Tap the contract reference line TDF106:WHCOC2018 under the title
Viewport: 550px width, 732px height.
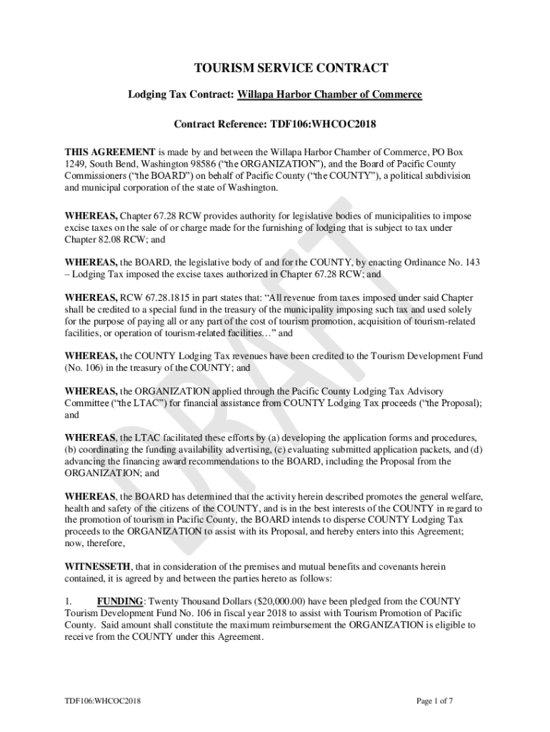point(275,124)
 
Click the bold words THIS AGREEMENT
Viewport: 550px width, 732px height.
point(110,152)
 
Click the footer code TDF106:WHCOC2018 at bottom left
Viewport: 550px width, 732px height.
point(99,701)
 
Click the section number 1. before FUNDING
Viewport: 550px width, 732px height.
point(69,601)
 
